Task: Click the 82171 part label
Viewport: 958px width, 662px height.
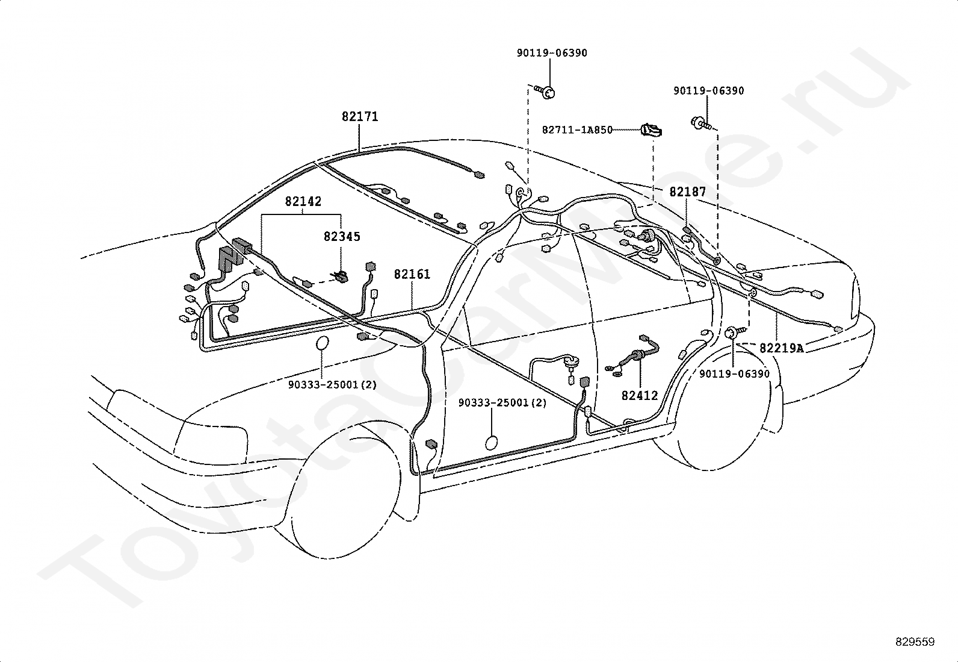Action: click(360, 116)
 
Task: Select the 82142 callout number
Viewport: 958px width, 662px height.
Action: click(303, 201)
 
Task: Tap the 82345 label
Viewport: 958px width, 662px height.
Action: click(342, 236)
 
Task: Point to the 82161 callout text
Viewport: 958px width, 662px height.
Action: click(412, 274)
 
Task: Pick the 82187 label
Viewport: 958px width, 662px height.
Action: click(687, 192)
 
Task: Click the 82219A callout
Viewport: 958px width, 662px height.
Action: click(781, 348)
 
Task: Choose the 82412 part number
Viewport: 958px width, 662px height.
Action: click(640, 395)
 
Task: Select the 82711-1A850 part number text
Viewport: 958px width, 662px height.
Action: click(577, 130)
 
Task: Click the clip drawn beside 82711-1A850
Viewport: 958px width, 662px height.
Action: click(651, 130)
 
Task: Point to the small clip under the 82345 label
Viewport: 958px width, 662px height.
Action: click(341, 277)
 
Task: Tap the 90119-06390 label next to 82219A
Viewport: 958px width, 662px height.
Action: click(734, 374)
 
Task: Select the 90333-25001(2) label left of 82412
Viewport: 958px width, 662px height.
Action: click(502, 403)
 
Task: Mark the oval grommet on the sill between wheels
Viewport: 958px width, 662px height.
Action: click(492, 443)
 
